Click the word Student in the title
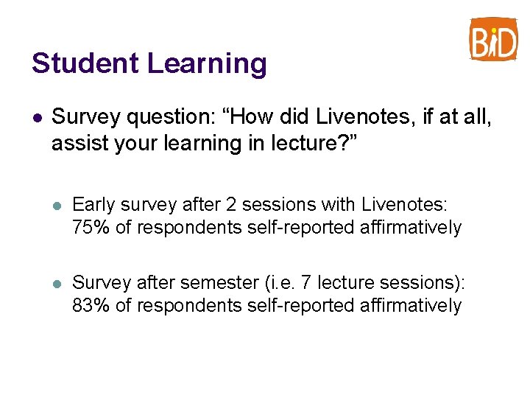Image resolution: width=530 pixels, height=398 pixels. pos(85,63)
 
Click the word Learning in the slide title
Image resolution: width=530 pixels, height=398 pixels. pos(207,65)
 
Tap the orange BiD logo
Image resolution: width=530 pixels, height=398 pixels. pos(493,40)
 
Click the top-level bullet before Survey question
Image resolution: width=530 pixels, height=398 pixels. pos(37,117)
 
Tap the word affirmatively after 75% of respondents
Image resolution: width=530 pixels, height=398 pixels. pos(411,228)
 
